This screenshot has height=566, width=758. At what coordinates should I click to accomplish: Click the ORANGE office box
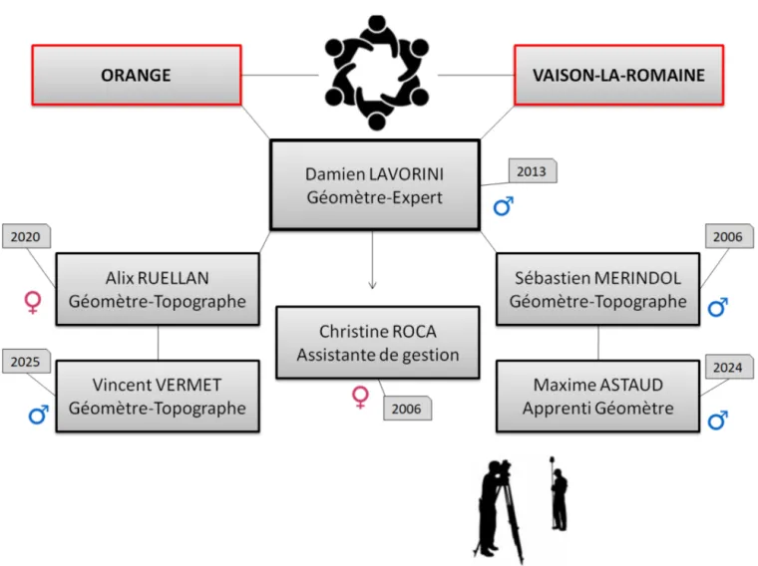pyautogui.click(x=137, y=75)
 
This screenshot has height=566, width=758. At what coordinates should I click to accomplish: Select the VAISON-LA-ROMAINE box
pyautogui.click(x=618, y=75)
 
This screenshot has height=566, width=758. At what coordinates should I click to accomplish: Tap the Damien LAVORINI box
pyautogui.click(x=374, y=185)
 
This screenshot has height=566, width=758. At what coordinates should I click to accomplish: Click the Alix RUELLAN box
pyautogui.click(x=158, y=289)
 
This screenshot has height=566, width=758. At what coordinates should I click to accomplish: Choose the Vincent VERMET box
pyautogui.click(x=158, y=396)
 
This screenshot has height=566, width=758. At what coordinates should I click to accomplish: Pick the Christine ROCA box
pyautogui.click(x=377, y=342)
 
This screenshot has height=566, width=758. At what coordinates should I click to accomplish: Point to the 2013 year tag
pyautogui.click(x=532, y=171)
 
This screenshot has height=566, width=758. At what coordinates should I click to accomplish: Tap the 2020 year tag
pyautogui.click(x=26, y=237)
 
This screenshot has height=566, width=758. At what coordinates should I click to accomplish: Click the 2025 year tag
pyautogui.click(x=26, y=362)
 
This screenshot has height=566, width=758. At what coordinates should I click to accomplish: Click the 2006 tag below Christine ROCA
pyautogui.click(x=406, y=408)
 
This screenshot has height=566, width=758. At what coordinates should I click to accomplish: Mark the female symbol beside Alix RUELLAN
pyautogui.click(x=33, y=303)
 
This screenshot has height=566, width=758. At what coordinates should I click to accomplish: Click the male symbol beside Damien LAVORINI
pyautogui.click(x=504, y=207)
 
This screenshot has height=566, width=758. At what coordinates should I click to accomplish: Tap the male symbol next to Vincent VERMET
pyautogui.click(x=38, y=414)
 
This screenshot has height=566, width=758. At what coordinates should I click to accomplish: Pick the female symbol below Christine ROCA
pyautogui.click(x=361, y=399)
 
